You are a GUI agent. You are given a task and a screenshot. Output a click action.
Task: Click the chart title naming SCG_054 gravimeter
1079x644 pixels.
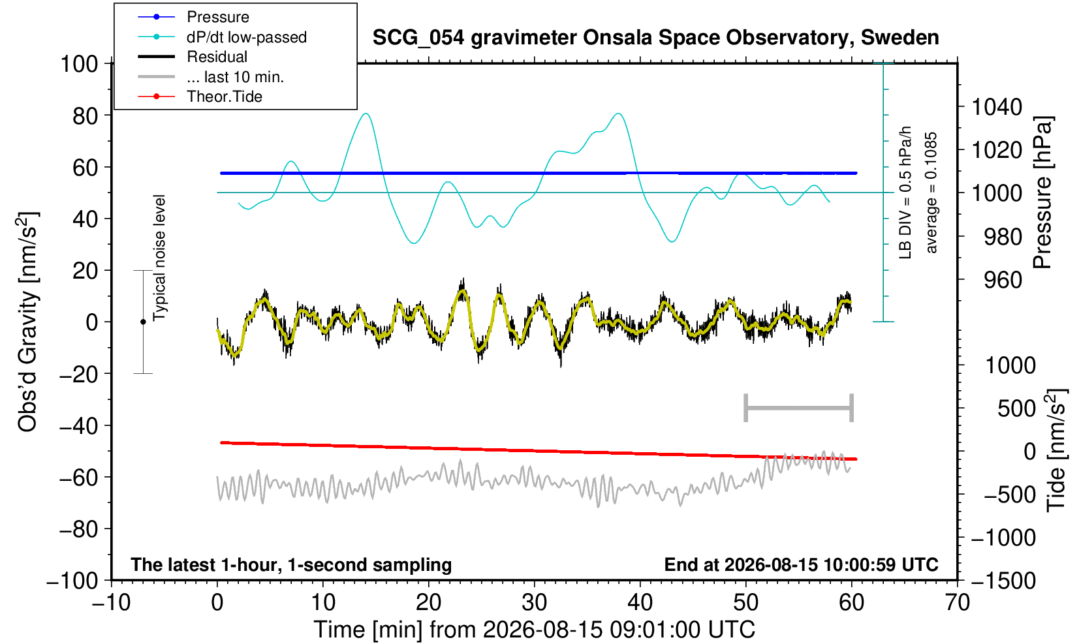[655, 37]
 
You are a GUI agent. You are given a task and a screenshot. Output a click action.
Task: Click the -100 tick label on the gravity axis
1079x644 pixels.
[72, 581]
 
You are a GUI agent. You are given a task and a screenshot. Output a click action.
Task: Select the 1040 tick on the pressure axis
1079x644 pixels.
[997, 106]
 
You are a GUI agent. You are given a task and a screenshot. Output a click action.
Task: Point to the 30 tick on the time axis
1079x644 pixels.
[534, 603]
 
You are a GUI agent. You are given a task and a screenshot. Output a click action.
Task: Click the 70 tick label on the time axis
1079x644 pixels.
[957, 603]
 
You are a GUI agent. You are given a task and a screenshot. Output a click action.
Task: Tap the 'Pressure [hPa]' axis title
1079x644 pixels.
[1043, 192]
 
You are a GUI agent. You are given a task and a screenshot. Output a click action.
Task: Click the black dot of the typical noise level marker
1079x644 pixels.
[143, 322]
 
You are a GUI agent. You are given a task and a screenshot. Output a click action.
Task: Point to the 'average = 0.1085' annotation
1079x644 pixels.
[931, 192]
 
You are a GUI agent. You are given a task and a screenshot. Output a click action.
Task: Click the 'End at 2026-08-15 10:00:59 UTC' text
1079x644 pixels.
[801, 564]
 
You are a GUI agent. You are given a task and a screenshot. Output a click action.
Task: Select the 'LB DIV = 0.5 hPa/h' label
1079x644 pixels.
[905, 192]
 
